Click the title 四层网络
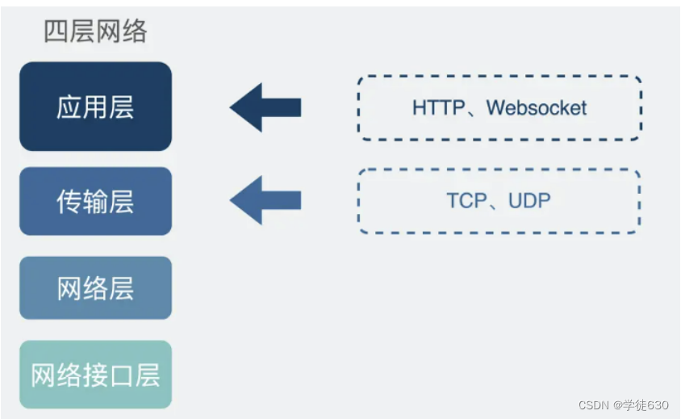pyautogui.click(x=95, y=31)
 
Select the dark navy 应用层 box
pyautogui.click(x=95, y=106)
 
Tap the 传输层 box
pyautogui.click(x=95, y=201)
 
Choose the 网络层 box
pyautogui.click(x=95, y=287)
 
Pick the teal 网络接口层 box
pyautogui.click(x=95, y=375)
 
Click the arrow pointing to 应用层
pyautogui.click(x=265, y=107)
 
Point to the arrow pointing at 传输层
pyautogui.click(x=265, y=201)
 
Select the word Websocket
pyautogui.click(x=537, y=107)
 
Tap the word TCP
pyautogui.click(x=466, y=201)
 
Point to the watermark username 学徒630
pyautogui.click(x=646, y=404)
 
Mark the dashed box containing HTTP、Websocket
pyautogui.click(x=499, y=107)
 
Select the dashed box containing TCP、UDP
pyautogui.click(x=499, y=201)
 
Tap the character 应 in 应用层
pyautogui.click(x=69, y=107)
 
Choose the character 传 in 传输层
pyautogui.click(x=69, y=201)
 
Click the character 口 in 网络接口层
pyautogui.click(x=122, y=375)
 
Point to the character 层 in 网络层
pyautogui.click(x=121, y=287)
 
